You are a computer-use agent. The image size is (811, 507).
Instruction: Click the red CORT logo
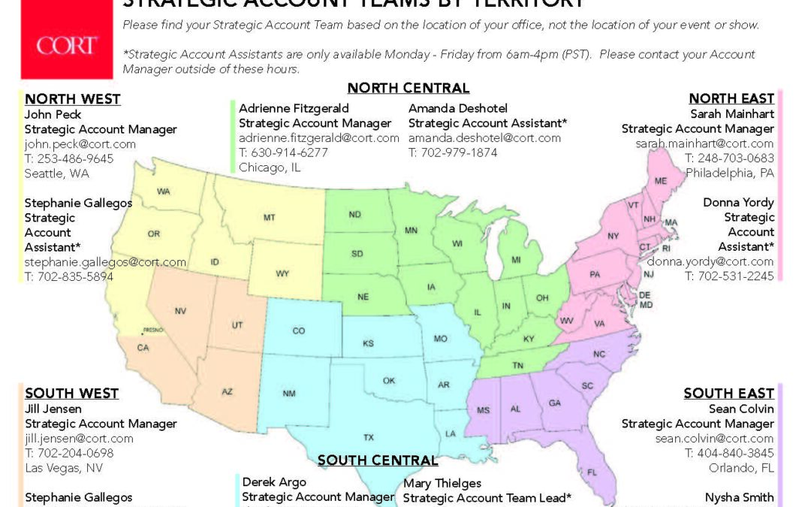click(67, 45)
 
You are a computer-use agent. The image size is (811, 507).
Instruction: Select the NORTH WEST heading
click(73, 99)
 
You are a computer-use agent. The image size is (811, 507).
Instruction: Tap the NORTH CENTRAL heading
click(409, 88)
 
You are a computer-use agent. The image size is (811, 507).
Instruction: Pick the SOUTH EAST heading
click(728, 394)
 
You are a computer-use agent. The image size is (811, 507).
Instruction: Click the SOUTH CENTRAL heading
click(378, 460)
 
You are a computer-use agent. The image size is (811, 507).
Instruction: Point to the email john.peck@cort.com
click(80, 143)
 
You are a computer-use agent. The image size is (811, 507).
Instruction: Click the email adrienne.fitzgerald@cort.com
click(319, 137)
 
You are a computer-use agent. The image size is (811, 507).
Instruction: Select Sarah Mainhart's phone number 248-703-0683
click(729, 158)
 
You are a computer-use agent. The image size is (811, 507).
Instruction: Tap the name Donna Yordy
click(738, 203)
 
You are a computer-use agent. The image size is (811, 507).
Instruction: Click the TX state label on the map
click(369, 437)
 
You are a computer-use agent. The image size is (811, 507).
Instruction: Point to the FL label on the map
click(592, 472)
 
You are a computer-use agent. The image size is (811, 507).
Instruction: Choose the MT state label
click(269, 217)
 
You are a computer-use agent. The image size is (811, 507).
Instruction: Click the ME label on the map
click(661, 181)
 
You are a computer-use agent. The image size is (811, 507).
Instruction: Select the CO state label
click(299, 330)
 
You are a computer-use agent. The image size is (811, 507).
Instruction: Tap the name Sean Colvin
click(741, 409)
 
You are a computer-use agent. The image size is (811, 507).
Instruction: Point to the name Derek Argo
click(274, 481)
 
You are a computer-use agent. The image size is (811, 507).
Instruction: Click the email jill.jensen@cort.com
click(79, 438)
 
